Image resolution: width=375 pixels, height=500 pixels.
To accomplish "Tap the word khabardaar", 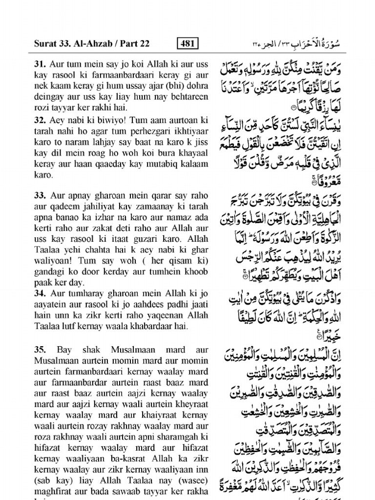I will [x=144, y=326].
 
